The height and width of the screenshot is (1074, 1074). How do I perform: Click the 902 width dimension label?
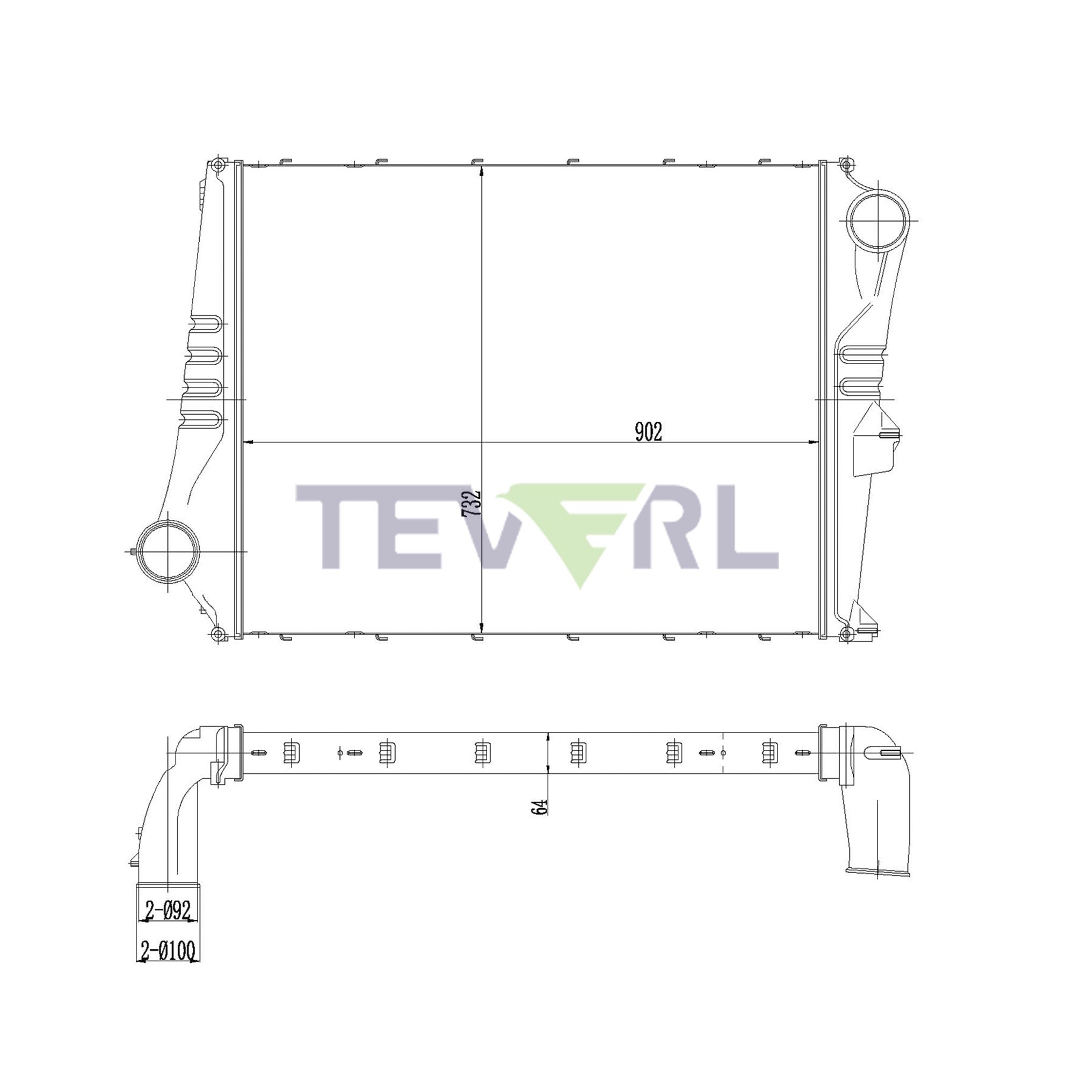648,432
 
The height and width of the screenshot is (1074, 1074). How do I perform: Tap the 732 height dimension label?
471,504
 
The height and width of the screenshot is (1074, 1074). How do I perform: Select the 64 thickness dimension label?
540,807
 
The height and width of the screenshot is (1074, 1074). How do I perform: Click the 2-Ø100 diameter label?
169,950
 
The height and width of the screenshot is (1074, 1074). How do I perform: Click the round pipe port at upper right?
879,220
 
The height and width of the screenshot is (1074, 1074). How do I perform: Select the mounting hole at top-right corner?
846,164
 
